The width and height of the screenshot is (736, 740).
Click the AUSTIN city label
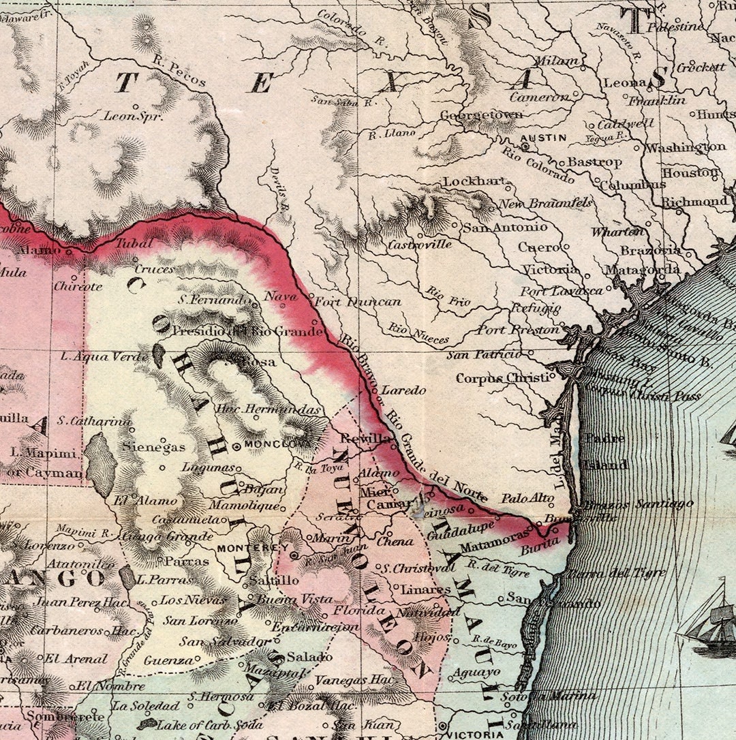(543, 137)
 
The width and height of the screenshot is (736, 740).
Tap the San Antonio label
(504, 227)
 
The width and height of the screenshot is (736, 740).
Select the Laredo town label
(403, 390)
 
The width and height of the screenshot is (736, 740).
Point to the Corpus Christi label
(502, 378)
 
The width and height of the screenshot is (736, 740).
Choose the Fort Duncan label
(358, 301)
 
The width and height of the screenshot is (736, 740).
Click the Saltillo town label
(273, 581)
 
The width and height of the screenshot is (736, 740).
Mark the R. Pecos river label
(179, 72)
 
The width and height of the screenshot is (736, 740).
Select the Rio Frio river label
(448, 296)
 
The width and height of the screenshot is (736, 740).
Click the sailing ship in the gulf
(709, 620)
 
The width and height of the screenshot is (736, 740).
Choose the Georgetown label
(481, 114)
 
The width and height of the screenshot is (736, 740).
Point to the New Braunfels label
(545, 204)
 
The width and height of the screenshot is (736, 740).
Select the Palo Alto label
(527, 499)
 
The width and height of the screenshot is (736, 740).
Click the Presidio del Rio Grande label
(247, 331)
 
